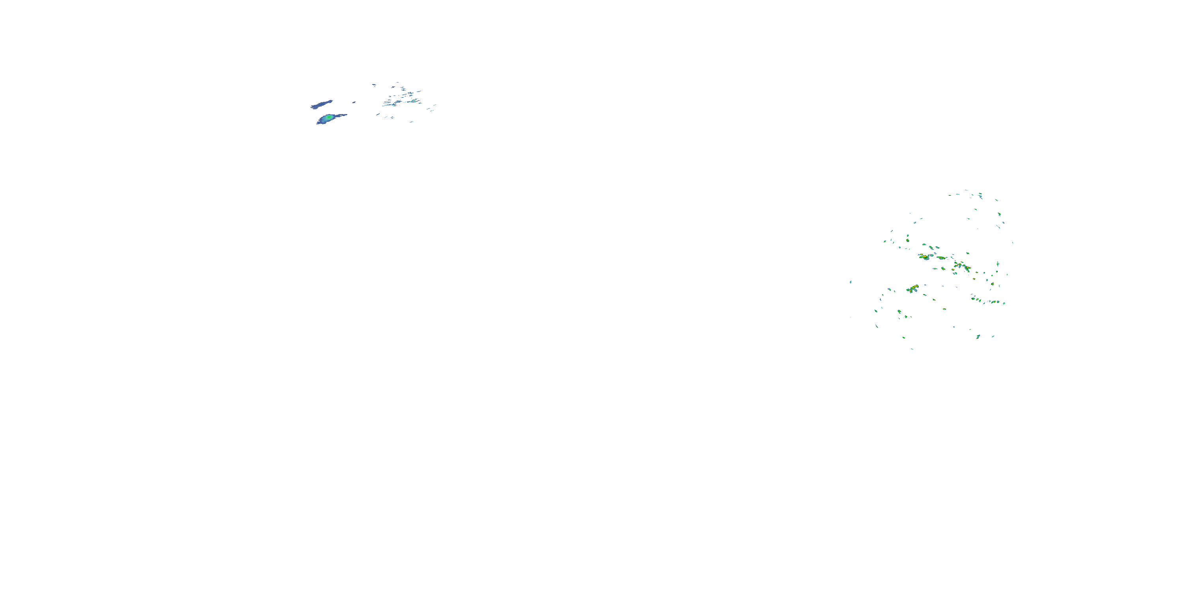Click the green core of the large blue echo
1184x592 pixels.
[x=329, y=118]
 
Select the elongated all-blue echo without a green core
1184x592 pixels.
[x=321, y=105]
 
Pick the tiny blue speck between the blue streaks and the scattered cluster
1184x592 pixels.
[x=354, y=103]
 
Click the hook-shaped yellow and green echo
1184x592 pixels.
[x=913, y=289]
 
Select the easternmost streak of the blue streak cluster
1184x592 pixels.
[x=435, y=105]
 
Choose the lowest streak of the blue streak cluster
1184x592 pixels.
[x=411, y=122]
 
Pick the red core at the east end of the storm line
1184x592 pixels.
[x=967, y=268]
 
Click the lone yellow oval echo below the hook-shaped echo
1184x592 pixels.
[x=944, y=309]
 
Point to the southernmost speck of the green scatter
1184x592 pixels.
[x=912, y=349]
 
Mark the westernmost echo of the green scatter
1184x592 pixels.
[x=851, y=282]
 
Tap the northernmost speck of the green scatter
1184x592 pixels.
[x=966, y=190]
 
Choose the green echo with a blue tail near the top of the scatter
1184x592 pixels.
[x=980, y=196]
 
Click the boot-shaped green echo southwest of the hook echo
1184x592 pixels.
[x=899, y=312]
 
